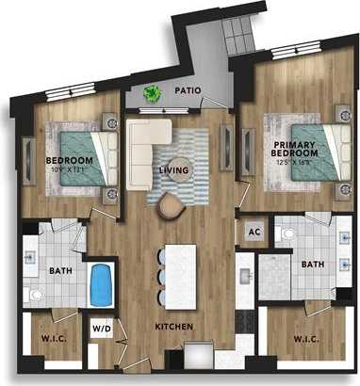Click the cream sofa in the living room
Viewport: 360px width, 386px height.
click(143, 145)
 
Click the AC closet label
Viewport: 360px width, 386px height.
click(254, 230)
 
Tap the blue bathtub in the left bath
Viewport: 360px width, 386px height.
click(99, 285)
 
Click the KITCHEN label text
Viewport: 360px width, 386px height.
click(174, 327)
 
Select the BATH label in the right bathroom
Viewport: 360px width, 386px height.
click(312, 265)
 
